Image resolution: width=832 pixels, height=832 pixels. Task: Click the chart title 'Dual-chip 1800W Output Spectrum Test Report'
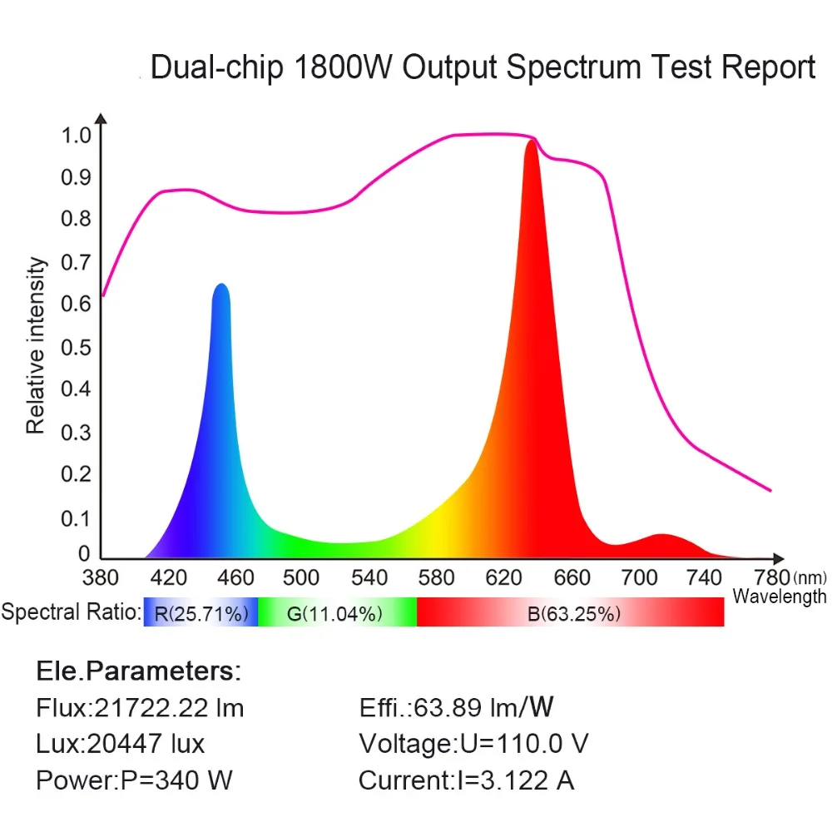click(x=483, y=67)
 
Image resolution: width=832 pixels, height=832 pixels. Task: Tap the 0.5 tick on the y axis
click(x=77, y=346)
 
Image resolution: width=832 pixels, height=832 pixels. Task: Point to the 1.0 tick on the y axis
click(x=77, y=134)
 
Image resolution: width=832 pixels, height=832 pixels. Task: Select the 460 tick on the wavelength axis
click(x=235, y=577)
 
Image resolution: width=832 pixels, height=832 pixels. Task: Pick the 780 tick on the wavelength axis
click(x=771, y=577)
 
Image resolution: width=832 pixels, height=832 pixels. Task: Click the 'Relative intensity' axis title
click(x=35, y=346)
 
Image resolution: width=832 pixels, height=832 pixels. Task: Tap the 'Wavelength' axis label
click(x=779, y=597)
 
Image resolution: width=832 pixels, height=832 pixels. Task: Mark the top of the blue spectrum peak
click(x=220, y=285)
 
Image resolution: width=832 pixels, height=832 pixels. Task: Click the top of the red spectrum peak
click(x=532, y=141)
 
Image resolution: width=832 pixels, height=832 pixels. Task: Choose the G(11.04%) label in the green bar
click(x=334, y=614)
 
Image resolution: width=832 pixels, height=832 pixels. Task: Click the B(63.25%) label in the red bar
click(x=574, y=614)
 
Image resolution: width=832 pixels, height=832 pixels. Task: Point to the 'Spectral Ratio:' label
click(x=71, y=614)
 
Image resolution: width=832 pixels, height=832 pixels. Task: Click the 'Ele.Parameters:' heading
click(x=138, y=671)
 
